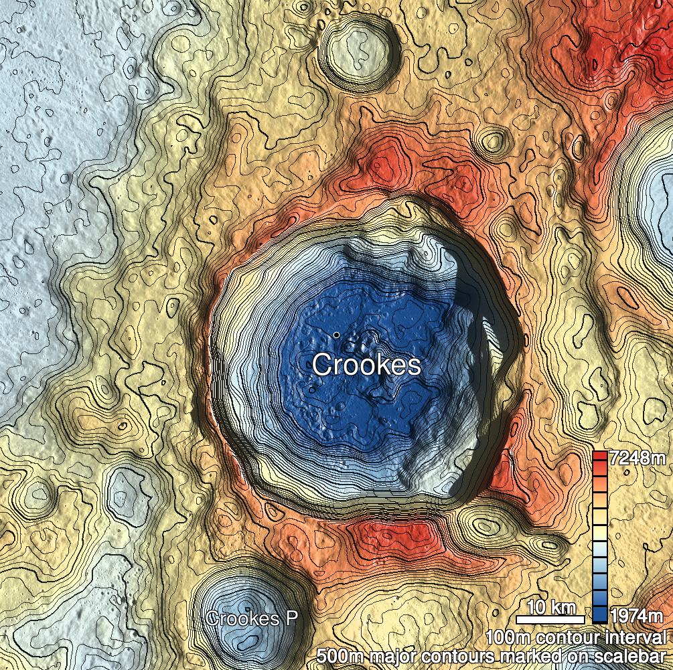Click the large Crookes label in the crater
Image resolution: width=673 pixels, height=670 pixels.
tap(366, 365)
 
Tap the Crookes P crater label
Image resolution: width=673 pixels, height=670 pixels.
tap(251, 618)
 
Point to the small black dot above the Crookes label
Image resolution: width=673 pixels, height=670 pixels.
tap(335, 334)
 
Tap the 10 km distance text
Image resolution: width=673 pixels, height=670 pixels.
tap(552, 608)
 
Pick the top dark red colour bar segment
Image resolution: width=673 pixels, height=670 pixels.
tap(600, 457)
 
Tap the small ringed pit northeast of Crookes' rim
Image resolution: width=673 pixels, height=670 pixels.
tap(494, 141)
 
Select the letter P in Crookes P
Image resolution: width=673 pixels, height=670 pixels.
tap(291, 618)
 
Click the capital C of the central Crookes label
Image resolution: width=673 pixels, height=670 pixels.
tap(323, 365)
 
